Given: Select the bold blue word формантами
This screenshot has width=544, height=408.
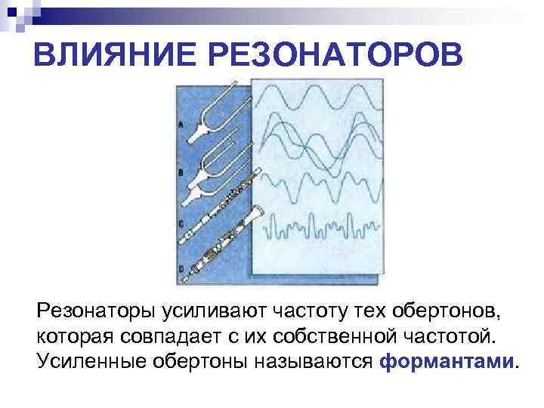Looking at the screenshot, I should coord(446,360).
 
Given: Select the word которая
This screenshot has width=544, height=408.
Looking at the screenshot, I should coord(70,335).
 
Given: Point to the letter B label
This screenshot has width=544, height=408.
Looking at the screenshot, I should coord(180,172).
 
